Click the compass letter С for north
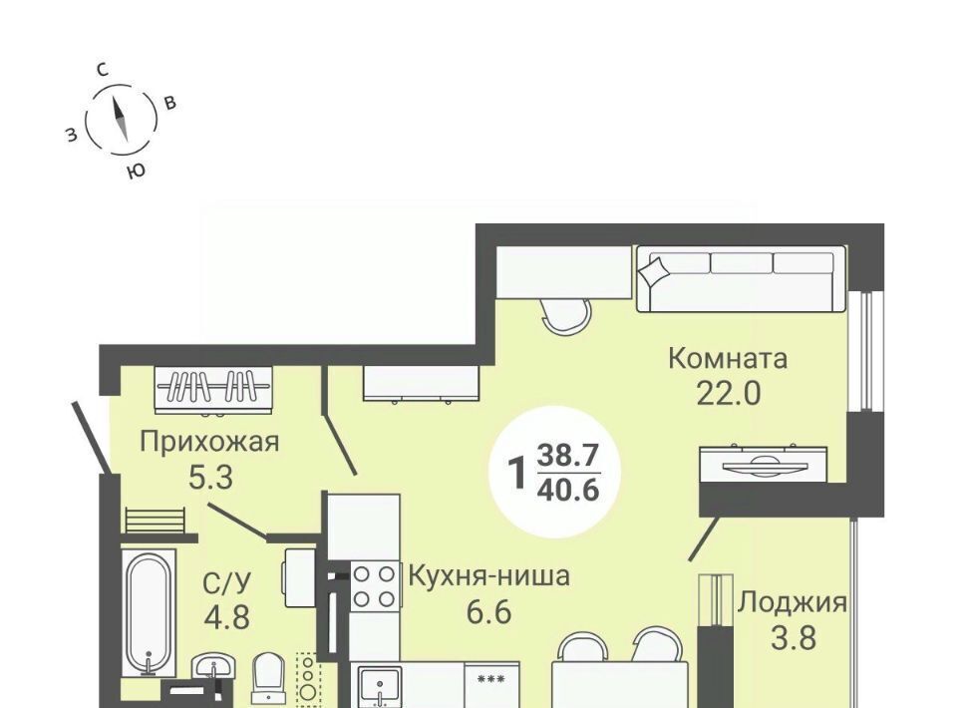(x=103, y=70)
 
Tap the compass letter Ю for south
(x=137, y=171)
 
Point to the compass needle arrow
(x=121, y=118)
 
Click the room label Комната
(x=728, y=359)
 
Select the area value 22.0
(x=728, y=394)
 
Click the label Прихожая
(x=209, y=442)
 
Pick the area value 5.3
(x=210, y=477)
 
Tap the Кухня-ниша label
(x=488, y=575)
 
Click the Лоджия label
(x=793, y=603)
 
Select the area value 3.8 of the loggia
(x=793, y=639)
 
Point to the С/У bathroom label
(x=227, y=583)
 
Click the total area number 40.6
(x=568, y=490)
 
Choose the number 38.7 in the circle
(x=568, y=456)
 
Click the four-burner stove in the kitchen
(x=374, y=587)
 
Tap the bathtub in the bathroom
(x=149, y=612)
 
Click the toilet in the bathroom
(x=268, y=677)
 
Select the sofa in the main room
(x=741, y=279)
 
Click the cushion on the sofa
(x=652, y=270)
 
